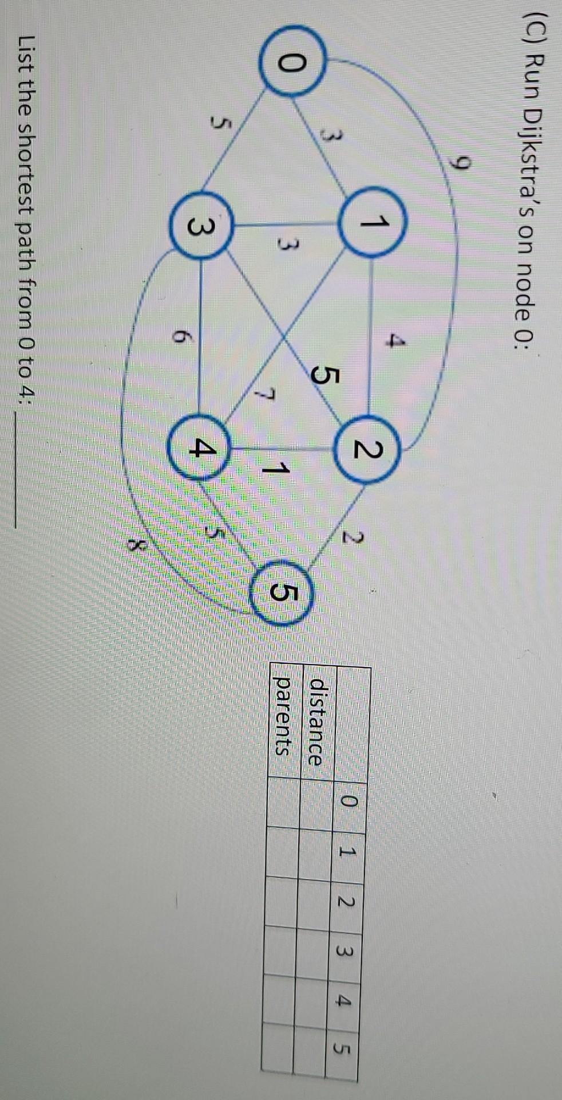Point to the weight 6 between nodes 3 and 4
coord(179,338)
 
